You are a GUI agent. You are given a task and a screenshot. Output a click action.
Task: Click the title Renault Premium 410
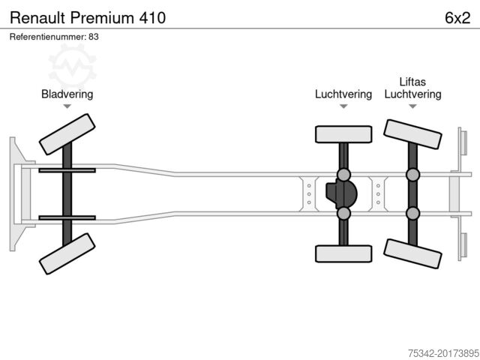point(88,18)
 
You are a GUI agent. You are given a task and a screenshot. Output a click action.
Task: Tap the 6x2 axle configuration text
point(457,18)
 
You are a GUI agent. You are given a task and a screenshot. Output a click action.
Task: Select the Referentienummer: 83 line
point(54,37)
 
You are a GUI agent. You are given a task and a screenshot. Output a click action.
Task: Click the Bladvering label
point(67,94)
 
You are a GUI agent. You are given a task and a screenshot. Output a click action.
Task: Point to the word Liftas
point(412,82)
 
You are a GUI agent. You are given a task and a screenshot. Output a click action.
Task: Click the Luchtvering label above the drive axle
point(343,94)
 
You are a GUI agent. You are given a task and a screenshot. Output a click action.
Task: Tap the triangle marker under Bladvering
point(67,106)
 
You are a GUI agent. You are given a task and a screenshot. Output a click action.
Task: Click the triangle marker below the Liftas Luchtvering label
point(412,106)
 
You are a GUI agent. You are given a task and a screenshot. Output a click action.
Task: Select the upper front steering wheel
point(67,134)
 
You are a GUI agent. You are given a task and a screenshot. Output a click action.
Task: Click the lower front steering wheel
point(67,253)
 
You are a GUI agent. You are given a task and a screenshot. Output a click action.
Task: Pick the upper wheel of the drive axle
point(343,134)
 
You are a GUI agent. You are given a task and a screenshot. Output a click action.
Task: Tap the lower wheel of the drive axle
point(343,253)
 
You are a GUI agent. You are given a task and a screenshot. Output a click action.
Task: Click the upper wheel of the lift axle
point(412,134)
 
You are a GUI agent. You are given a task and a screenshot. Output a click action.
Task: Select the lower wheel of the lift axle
point(412,253)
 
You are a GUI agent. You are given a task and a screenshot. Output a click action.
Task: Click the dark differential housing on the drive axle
point(341,194)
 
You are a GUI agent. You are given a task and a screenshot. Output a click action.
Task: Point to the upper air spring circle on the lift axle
point(412,175)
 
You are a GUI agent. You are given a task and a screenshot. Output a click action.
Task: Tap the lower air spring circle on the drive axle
point(343,213)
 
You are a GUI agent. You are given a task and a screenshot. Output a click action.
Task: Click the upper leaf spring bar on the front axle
point(67,170)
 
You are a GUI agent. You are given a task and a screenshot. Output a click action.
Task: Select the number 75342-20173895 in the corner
point(443,353)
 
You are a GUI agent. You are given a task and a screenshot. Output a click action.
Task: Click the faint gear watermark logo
point(73,65)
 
